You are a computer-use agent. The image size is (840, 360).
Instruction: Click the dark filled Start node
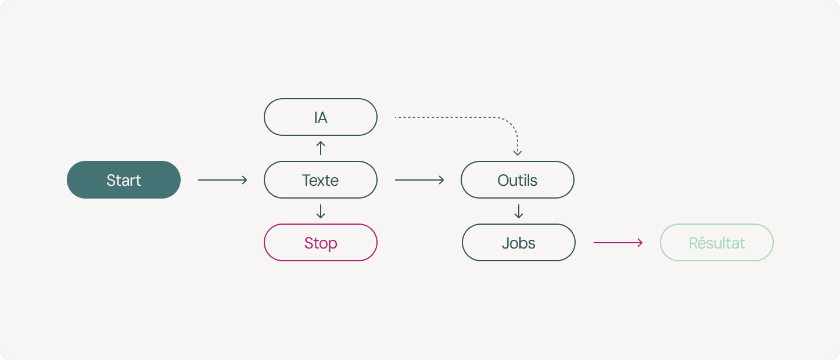point(124,179)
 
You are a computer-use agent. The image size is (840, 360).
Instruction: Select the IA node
point(321,117)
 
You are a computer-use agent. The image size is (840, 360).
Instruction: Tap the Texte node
point(321,179)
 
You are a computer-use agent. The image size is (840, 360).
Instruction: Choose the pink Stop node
point(321,242)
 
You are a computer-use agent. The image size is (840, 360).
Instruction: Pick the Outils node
point(518,179)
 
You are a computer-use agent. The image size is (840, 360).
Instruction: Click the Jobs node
point(519,242)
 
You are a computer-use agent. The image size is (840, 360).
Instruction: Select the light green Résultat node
point(717,242)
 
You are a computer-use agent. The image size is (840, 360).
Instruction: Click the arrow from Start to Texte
point(222,180)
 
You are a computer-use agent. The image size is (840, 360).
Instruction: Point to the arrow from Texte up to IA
point(321,148)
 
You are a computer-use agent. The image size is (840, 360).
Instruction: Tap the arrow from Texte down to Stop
point(321,211)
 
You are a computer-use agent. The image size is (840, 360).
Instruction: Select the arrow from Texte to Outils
point(419,180)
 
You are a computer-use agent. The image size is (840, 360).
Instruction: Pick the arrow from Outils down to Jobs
point(519,211)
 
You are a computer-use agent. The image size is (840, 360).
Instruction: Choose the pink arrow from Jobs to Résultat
point(618,243)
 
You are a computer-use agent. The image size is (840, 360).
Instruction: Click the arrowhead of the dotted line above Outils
point(518,153)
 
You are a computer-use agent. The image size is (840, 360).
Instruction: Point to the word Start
point(124,181)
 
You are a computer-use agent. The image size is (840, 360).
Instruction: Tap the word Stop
point(321,243)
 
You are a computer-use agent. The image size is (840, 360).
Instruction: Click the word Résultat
point(717,243)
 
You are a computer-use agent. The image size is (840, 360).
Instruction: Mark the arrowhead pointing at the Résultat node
point(641,243)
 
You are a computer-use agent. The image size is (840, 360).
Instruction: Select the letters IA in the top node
point(321,118)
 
